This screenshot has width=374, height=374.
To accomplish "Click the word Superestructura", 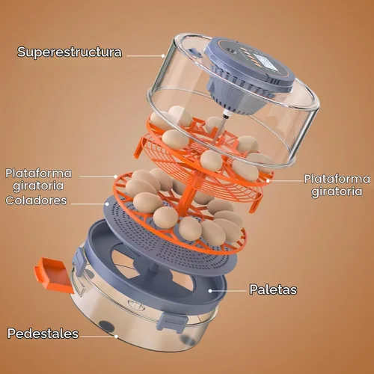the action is (x=70, y=52).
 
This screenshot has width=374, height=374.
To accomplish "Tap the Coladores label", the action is (x=37, y=200).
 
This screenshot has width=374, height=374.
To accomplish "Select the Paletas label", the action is (x=273, y=289).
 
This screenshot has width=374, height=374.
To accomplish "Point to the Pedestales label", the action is (x=43, y=334).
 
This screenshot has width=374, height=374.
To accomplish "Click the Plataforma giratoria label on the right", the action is (x=337, y=186).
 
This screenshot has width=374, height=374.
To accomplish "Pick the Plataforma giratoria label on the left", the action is (x=39, y=180).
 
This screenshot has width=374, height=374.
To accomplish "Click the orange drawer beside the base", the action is (x=53, y=275).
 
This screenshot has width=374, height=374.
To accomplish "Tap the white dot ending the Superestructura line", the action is (x=163, y=56).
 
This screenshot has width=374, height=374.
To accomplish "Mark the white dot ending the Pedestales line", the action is (x=116, y=337).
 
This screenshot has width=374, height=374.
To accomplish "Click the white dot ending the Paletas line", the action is (x=210, y=291).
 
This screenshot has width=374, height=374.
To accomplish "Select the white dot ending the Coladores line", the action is (x=107, y=204).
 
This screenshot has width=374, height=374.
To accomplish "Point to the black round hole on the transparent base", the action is (x=105, y=326).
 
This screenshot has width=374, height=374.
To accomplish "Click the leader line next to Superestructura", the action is (x=144, y=56).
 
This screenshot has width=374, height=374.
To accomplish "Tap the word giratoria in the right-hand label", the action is (x=337, y=192).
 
